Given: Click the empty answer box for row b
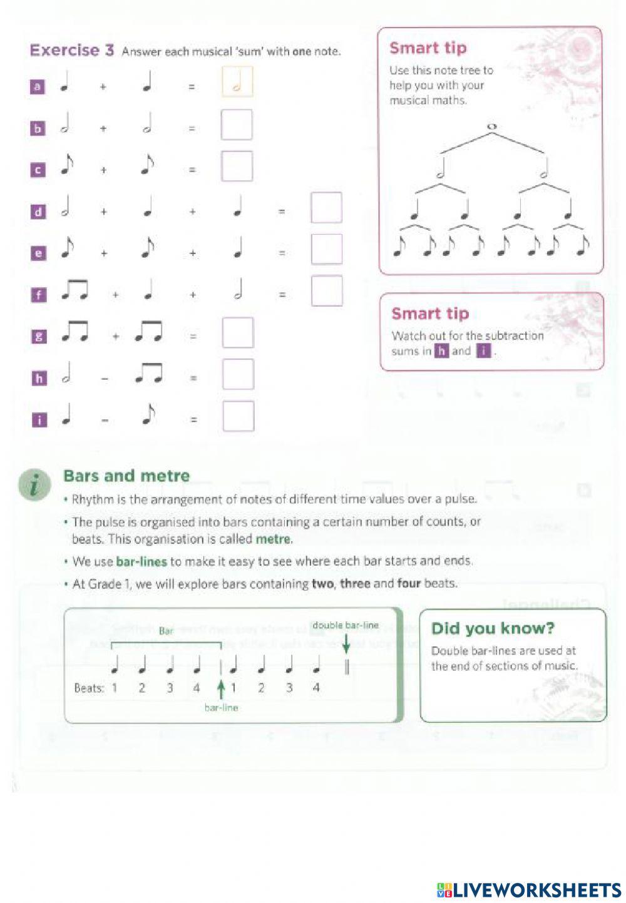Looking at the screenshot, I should click(237, 125).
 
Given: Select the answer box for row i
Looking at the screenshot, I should click(238, 416).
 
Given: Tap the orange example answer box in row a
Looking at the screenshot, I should click(237, 82).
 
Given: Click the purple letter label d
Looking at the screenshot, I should click(38, 212).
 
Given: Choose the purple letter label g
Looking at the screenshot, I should click(38, 336).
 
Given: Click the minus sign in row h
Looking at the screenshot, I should click(105, 378).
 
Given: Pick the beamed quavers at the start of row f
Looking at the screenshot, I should click(74, 290).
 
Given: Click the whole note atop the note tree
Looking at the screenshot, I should click(491, 127).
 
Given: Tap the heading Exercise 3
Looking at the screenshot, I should click(71, 51).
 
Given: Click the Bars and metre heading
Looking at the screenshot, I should click(126, 476).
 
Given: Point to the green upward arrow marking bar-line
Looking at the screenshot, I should click(220, 689).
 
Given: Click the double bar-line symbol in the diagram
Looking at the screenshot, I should click(346, 667).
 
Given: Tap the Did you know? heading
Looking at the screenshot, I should click(493, 628).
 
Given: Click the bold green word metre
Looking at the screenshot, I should click(273, 539).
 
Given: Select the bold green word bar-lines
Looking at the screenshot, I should click(141, 561).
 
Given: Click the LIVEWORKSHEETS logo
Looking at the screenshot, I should click(529, 890).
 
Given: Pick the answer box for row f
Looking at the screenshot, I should click(327, 291).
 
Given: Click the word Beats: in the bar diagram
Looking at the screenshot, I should click(89, 688).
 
